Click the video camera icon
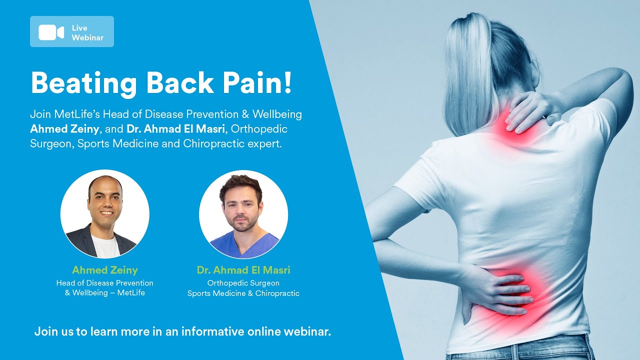51,32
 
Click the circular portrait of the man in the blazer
105,214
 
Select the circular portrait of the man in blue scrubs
243,214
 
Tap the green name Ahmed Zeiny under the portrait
105,270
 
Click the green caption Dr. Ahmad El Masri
243,270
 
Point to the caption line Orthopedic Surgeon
243,283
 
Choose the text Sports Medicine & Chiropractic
243,293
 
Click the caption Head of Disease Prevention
105,283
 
